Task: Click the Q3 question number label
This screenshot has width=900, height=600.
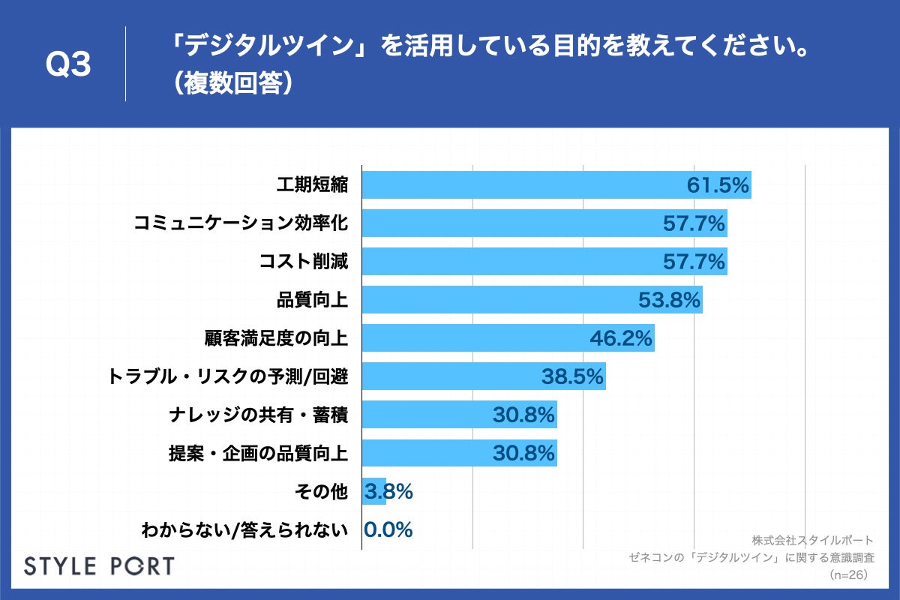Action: point(68,66)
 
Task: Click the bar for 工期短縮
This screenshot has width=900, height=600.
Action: point(525,185)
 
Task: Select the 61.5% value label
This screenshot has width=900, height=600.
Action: point(718,186)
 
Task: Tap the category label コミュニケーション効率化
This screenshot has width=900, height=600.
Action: point(241,223)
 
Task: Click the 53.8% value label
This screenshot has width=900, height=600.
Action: point(669,300)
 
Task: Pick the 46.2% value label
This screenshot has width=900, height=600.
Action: point(620,339)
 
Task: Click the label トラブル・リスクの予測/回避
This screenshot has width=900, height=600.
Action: point(229,376)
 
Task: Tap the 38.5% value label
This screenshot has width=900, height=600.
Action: point(572,377)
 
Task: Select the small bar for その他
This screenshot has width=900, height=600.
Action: point(373,491)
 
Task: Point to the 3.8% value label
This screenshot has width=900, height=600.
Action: point(388,492)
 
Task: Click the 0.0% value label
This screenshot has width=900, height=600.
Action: point(388,530)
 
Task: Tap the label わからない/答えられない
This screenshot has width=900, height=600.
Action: point(245,530)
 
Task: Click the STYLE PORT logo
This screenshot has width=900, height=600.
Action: point(99,566)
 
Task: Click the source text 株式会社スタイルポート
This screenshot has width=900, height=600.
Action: point(812,540)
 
